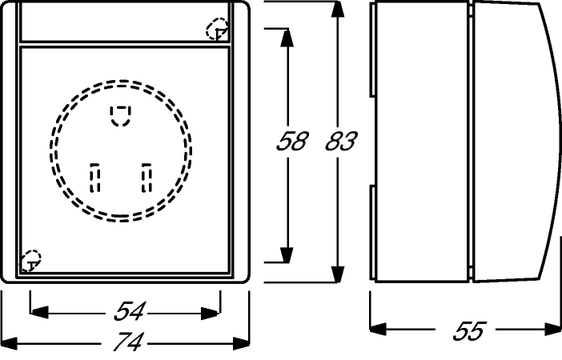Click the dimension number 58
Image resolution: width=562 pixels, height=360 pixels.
point(292,141)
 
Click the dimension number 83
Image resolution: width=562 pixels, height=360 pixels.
point(341,141)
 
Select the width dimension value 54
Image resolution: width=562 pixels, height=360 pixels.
point(130,311)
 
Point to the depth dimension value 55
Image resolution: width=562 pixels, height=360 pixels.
point(469,330)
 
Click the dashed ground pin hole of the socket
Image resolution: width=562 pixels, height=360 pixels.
point(120,116)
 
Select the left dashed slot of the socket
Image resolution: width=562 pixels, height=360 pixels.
point(94,178)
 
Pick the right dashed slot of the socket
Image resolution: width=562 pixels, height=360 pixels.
point(147,178)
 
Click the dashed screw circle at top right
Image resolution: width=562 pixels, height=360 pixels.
point(217,29)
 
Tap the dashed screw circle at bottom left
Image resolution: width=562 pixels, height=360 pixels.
point(30,261)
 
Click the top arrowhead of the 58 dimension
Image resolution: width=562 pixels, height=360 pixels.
point(287,38)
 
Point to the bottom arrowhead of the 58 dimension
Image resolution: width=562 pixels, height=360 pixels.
point(287,254)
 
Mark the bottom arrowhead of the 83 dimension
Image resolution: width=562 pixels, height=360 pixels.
point(337,274)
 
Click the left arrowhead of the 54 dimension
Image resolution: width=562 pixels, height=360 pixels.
point(39,312)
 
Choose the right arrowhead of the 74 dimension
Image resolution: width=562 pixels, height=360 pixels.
point(240,343)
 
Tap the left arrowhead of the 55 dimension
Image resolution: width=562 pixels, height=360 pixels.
point(378,329)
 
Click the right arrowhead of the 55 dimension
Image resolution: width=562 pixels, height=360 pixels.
point(552,329)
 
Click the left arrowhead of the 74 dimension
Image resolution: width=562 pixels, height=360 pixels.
point(10,343)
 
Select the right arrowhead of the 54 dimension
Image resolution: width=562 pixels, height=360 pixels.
point(210,313)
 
